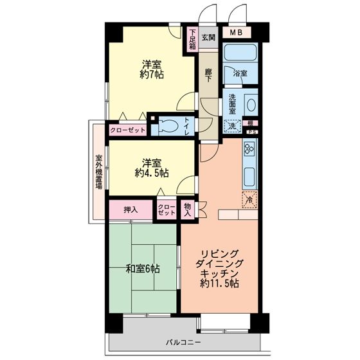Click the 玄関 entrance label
click(208, 37)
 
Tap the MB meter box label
click(237, 33)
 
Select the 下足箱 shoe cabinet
click(192, 39)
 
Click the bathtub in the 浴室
click(240, 52)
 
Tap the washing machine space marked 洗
click(232, 126)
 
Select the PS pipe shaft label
click(252, 132)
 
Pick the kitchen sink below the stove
click(249, 177)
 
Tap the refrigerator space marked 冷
click(249, 199)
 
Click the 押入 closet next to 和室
click(130, 210)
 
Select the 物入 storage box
click(188, 210)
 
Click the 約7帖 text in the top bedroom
click(152, 75)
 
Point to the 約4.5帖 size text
click(152, 173)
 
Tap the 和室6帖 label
click(143, 269)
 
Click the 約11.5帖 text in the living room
click(219, 283)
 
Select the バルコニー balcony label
click(183, 343)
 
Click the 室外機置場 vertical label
click(99, 172)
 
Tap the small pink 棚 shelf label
click(250, 123)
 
